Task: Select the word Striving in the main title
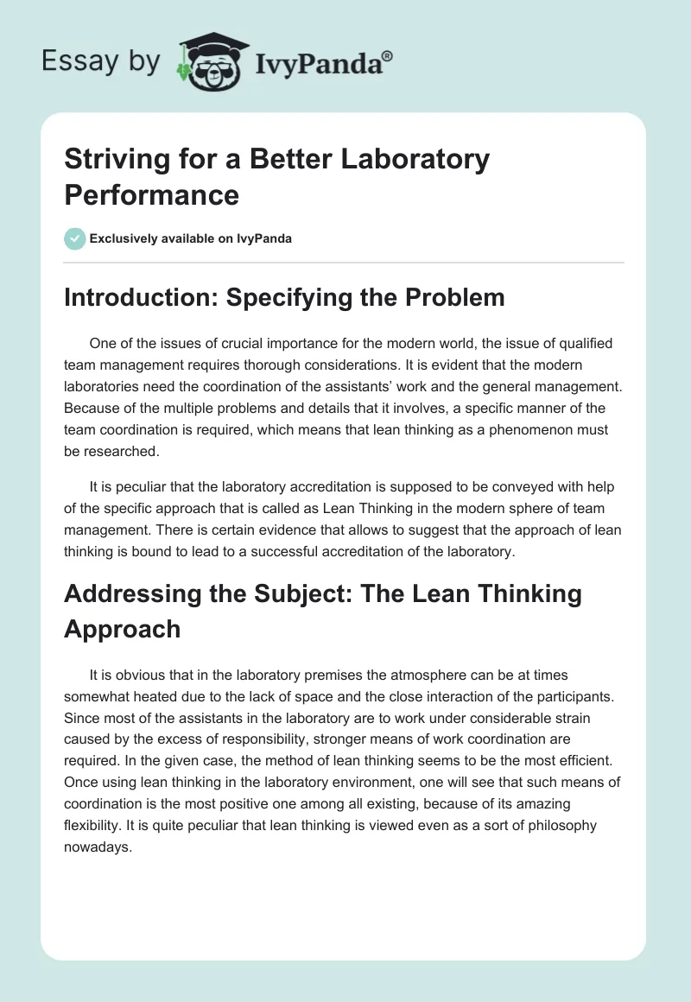(x=114, y=160)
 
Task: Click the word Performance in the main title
(x=151, y=194)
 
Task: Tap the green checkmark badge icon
(x=75, y=238)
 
